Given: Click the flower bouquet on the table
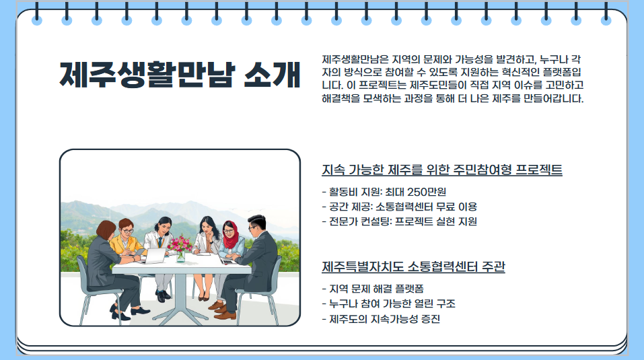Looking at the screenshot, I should click(180, 244).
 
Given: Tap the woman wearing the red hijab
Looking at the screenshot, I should click(230, 239).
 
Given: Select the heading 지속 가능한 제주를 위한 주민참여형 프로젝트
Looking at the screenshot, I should click(442, 170).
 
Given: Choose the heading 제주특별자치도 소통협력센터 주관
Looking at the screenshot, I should click(413, 267).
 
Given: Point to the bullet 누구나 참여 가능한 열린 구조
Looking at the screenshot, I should click(389, 304).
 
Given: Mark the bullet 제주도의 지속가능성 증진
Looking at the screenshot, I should click(382, 319).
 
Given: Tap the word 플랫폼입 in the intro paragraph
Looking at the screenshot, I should click(562, 72).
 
